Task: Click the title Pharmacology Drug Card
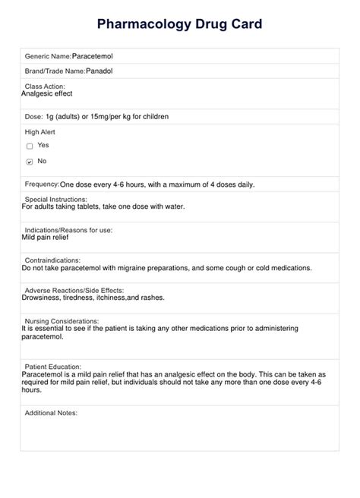(180, 24)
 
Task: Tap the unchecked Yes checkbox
(30, 146)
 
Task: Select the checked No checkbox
(30, 162)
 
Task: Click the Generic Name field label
(48, 56)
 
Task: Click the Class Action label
(45, 86)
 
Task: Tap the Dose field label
(33, 116)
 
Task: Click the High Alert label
(41, 131)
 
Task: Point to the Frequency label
(42, 184)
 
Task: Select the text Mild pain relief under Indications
(46, 237)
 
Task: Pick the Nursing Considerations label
(62, 320)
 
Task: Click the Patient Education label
(53, 366)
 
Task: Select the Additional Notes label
(51, 413)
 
